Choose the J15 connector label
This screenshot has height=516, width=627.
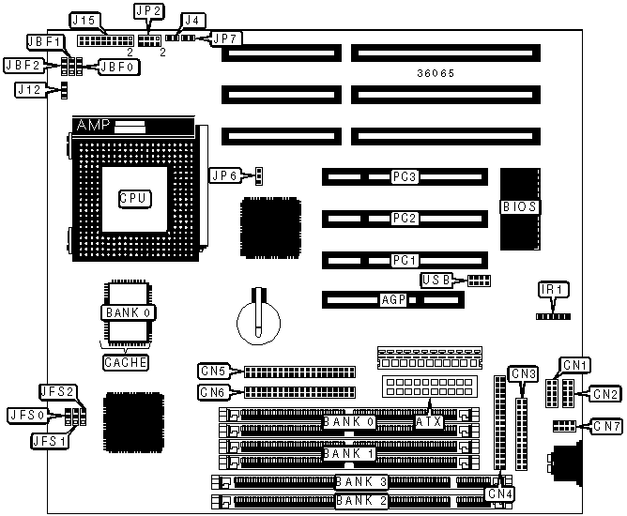(85, 20)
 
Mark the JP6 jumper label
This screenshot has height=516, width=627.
(225, 175)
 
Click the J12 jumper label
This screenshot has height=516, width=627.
(28, 90)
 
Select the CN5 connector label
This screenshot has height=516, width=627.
(214, 371)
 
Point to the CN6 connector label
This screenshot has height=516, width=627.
(214, 392)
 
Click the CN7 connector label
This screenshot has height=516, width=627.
(606, 427)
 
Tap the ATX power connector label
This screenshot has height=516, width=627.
(428, 422)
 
